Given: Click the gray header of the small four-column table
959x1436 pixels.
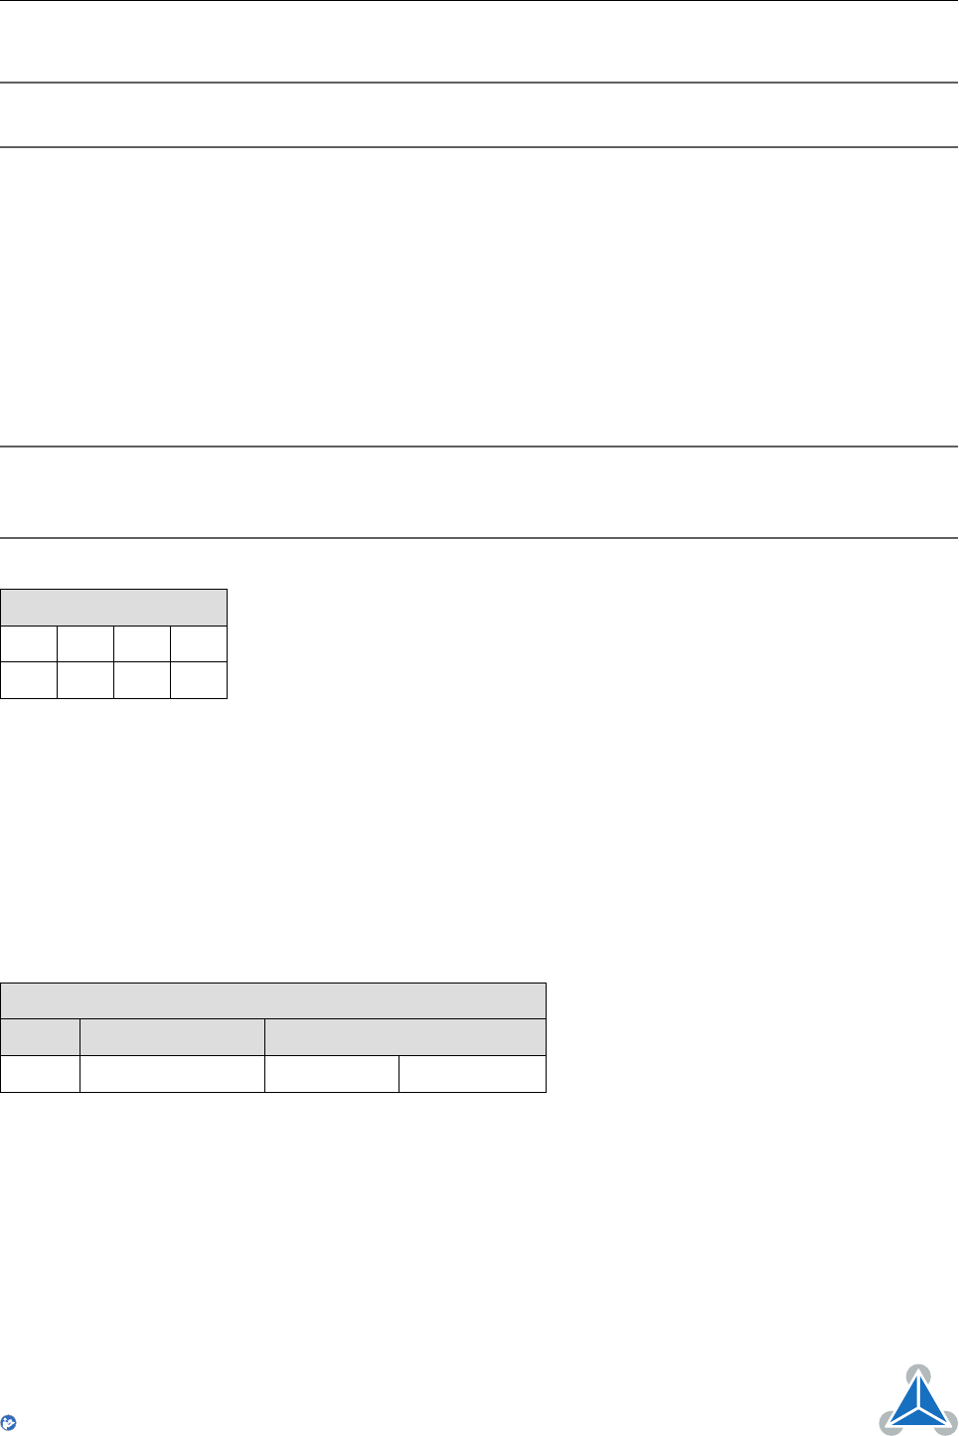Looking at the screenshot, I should pyautogui.click(x=113, y=608).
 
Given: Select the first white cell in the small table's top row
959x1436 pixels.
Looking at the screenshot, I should pyautogui.click(x=29, y=643).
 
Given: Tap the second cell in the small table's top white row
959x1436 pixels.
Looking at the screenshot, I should pyautogui.click(x=85, y=643).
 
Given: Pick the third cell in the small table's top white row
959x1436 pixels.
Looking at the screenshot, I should pyautogui.click(x=142, y=643).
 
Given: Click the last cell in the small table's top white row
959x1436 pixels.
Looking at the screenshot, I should pyautogui.click(x=199, y=643).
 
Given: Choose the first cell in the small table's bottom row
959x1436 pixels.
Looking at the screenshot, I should pyautogui.click(x=29, y=680).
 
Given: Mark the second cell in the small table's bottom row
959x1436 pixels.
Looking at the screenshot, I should pyautogui.click(x=85, y=680).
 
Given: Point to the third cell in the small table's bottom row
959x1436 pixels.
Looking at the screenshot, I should pyautogui.click(x=142, y=680).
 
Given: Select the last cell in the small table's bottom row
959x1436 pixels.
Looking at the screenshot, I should pyautogui.click(x=199, y=680).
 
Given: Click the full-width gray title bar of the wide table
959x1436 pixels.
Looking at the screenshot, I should pyautogui.click(x=273, y=1000).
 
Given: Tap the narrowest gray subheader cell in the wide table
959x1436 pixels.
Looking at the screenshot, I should pyautogui.click(x=40, y=1037).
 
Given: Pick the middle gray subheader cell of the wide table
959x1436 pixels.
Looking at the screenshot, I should pyautogui.click(x=172, y=1037).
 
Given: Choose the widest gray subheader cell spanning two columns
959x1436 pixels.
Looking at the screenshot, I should pyautogui.click(x=405, y=1037).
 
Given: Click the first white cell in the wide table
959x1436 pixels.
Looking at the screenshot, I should pyautogui.click(x=40, y=1074).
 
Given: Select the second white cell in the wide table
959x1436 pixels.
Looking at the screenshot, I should pyautogui.click(x=172, y=1074).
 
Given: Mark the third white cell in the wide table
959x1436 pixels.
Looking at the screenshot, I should pyautogui.click(x=332, y=1074).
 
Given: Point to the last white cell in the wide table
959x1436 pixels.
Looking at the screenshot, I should pyautogui.click(x=472, y=1074).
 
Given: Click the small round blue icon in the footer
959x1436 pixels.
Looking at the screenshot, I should pyautogui.click(x=10, y=1423).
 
